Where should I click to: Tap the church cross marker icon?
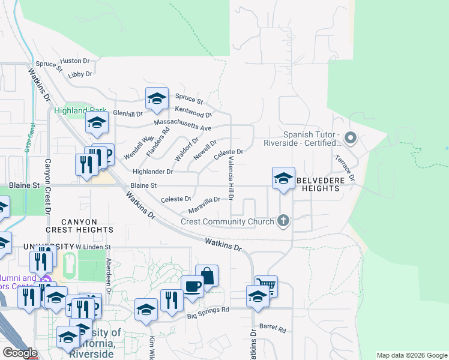tap(283, 221)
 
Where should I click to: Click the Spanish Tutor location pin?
tap(352, 139)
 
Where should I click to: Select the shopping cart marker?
tap(265, 286)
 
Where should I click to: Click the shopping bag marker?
tap(206, 276)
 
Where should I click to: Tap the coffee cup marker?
tap(192, 286)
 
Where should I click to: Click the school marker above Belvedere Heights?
tap(283, 178)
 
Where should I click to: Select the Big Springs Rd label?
tap(208, 313)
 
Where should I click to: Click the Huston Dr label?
tap(74, 61)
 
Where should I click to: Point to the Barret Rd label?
tap(273, 329)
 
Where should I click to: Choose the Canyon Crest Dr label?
tap(47, 186)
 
